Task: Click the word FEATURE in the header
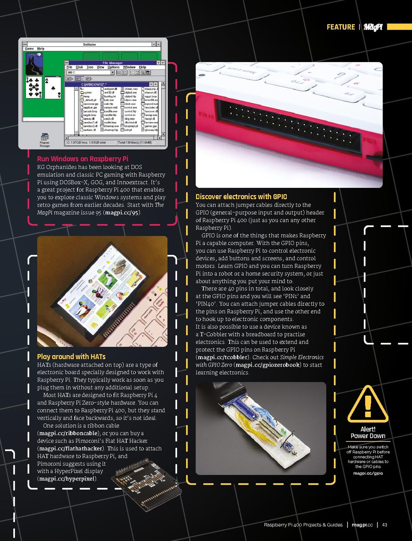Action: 341,27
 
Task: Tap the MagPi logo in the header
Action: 373,27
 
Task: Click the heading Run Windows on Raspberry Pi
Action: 82,159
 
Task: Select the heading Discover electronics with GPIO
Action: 241,197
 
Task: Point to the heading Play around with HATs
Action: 71,357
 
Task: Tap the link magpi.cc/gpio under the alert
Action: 368,473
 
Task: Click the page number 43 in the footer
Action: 385,525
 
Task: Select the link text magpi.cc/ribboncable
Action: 68,433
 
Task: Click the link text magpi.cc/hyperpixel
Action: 67,479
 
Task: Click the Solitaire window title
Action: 90,45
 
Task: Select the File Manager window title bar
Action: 113,63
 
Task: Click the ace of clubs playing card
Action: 53,88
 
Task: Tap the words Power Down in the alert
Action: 368,436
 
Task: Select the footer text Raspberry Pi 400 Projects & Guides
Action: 303,525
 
